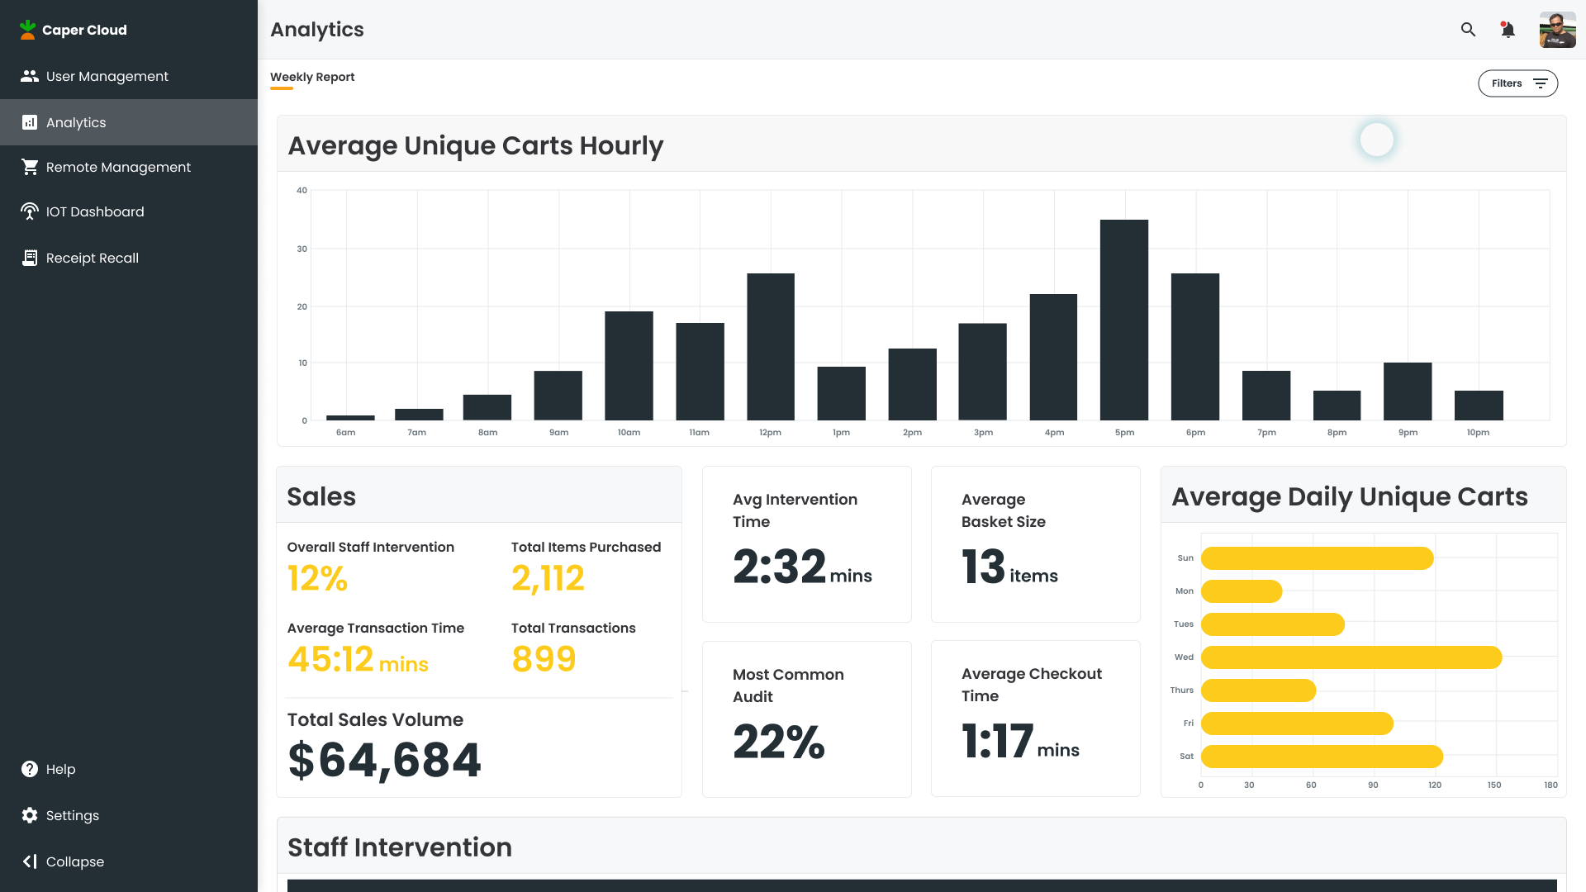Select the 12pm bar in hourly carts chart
coord(771,347)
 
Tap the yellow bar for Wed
coord(1351,657)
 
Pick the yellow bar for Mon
coord(1241,591)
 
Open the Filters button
coord(1517,83)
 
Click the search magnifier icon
coord(1468,30)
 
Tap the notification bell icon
coord(1508,30)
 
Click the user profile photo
coord(1557,30)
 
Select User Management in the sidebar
coord(107,76)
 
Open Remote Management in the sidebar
coord(117,167)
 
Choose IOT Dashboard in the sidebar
coord(94,211)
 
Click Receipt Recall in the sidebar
coord(92,258)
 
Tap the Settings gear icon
coord(30,815)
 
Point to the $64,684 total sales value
coord(384,760)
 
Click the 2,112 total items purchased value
coord(548,578)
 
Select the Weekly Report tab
coord(312,77)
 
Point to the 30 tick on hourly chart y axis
coord(302,249)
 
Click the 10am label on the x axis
coord(629,433)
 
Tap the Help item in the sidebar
coord(59,769)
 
